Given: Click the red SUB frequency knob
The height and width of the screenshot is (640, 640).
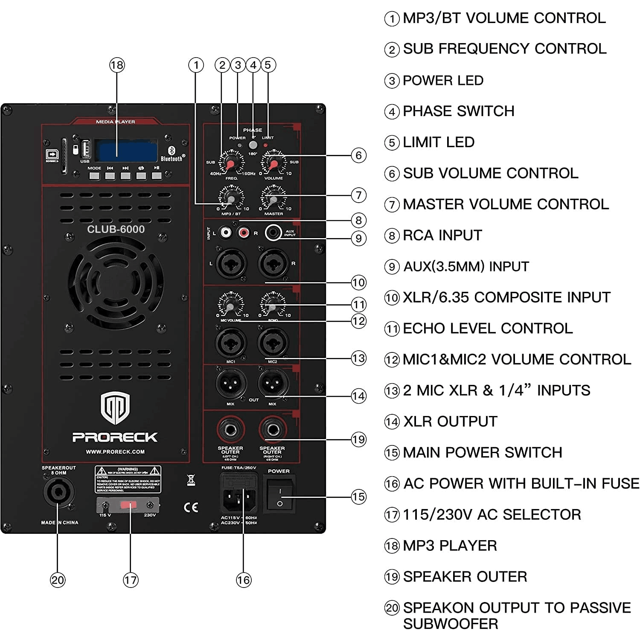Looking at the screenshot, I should (x=230, y=164).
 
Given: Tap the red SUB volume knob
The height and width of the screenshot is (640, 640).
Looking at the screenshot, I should (x=273, y=164).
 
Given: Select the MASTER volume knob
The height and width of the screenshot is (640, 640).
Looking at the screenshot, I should (x=273, y=199).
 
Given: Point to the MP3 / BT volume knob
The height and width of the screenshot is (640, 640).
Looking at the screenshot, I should (x=231, y=199).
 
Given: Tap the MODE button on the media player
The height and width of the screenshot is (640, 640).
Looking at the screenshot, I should (x=94, y=175).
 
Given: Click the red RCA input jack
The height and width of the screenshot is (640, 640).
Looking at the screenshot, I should (x=244, y=233).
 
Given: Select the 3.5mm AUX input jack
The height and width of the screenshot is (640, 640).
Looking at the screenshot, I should (x=273, y=233).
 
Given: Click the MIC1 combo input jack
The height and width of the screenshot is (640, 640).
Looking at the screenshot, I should (x=231, y=342).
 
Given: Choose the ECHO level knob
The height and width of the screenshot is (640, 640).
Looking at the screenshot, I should (x=273, y=305).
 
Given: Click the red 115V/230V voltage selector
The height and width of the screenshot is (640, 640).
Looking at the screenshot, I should (x=128, y=505).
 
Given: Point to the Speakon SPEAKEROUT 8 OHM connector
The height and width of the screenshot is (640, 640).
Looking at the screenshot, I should (x=59, y=492).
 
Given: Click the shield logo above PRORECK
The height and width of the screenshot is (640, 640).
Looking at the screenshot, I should (x=115, y=408).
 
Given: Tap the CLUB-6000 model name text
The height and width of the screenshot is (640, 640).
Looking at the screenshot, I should (x=116, y=229).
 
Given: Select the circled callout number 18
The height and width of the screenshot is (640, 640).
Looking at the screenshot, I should (x=117, y=65).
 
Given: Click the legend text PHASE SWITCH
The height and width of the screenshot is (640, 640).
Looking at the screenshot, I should (x=458, y=111).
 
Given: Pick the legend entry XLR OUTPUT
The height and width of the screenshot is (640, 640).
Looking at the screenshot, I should (x=450, y=422).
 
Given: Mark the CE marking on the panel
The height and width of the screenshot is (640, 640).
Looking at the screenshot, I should (x=191, y=507).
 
